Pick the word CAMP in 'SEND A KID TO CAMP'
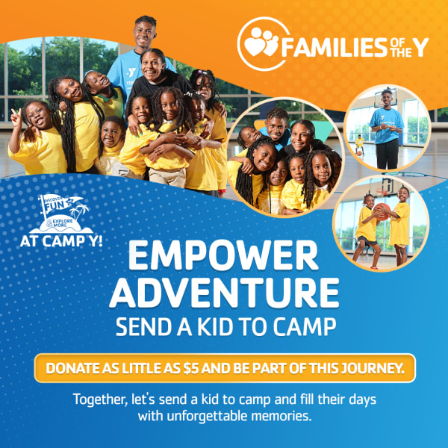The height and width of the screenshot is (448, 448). pos(307,326)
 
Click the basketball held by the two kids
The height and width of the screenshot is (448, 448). pos(382,212)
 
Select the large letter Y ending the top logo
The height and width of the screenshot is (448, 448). pos(421,47)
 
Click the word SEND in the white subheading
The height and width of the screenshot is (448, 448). pos(140,326)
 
